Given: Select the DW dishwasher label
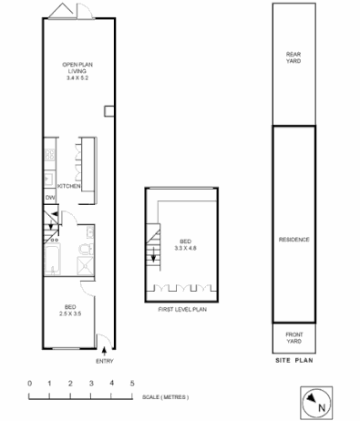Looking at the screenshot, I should tap(49, 197).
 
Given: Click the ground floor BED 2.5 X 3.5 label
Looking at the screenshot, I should tap(69, 310).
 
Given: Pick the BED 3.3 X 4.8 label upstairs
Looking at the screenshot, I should tap(186, 243).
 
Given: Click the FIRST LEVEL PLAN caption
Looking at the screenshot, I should tap(185, 311).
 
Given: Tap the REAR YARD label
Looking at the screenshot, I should tap(293, 58).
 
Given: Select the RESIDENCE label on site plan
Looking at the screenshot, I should tap(293, 240).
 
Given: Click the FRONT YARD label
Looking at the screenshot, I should tap(293, 338).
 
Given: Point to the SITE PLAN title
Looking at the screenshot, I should tap(293, 362).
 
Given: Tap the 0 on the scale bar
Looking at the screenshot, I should tap(29, 383).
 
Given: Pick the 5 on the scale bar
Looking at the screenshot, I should tap(133, 383).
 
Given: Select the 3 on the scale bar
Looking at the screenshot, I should tap(91, 383).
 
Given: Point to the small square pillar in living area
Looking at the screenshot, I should tap(108, 111).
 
